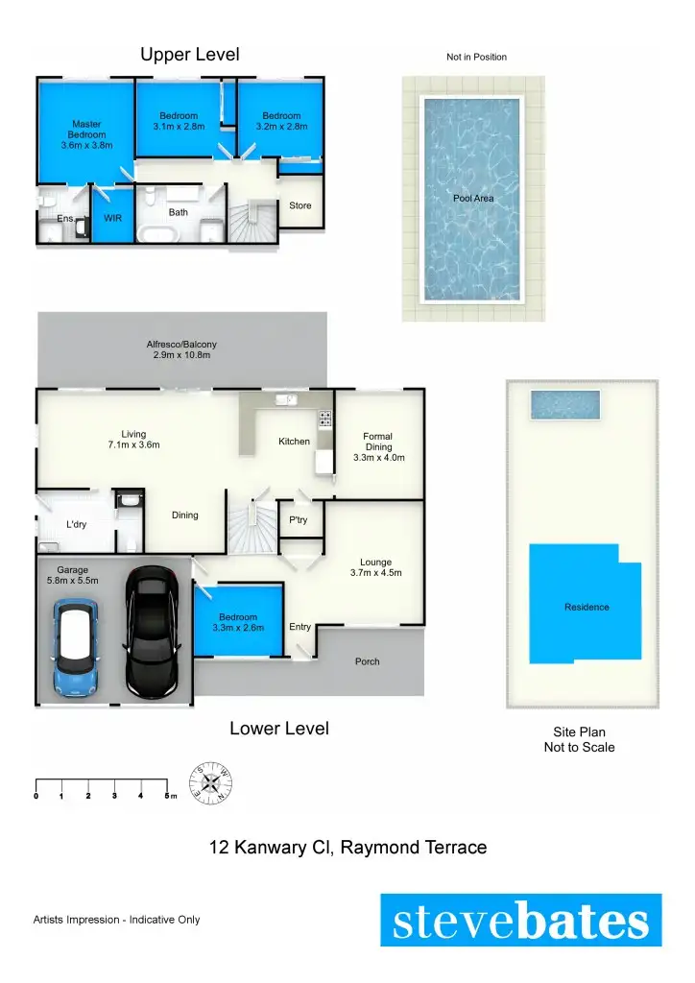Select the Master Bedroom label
pos(86,134)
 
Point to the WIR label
pos(112,218)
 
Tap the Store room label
pos(300,205)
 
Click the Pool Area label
pos(473,199)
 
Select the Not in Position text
pos(476,58)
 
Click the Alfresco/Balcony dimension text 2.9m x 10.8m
pos(181,355)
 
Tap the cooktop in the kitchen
pos(324,418)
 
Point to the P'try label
pos(298,519)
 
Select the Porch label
pos(367,661)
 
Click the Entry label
pos(300,627)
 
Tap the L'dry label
pos(76,525)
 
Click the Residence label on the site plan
pos(586,607)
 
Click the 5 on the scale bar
pos(166,796)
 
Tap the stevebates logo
pos(520,921)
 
